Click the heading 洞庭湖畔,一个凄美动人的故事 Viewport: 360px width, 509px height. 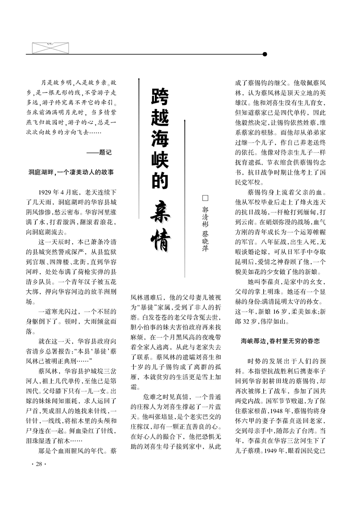click(x=71, y=172)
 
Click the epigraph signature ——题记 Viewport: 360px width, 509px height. click(x=99, y=152)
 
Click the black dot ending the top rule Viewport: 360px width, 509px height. click(x=265, y=54)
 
